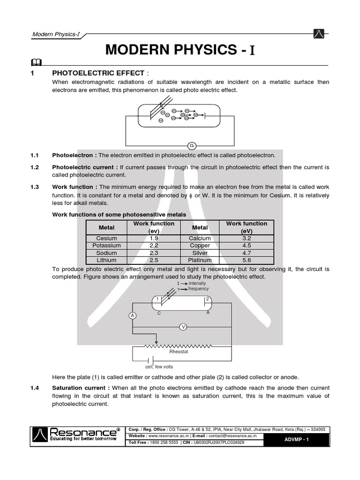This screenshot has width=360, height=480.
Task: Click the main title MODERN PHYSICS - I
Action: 180,50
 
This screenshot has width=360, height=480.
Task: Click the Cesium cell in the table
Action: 106,238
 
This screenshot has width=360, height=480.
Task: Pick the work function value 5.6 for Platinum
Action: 247,260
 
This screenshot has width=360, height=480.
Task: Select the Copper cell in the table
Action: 200,246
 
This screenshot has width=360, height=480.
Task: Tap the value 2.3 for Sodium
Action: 154,253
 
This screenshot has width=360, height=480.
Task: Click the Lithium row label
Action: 106,260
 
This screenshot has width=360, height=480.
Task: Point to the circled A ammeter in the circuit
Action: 132,316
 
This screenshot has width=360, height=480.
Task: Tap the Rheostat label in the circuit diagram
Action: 179,352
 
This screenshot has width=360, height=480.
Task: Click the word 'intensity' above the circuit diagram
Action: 197,284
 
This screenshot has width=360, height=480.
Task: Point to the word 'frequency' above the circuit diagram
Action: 198,289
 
